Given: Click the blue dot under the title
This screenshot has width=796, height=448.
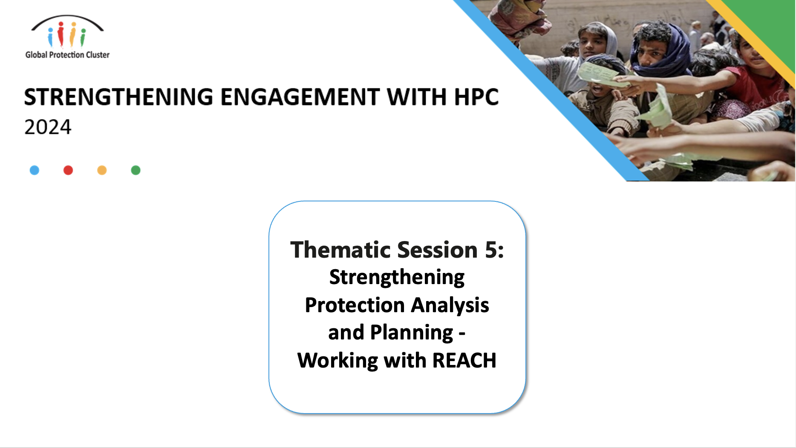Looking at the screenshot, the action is point(35,170).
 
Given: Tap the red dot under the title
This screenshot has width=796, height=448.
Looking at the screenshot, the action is point(68,170).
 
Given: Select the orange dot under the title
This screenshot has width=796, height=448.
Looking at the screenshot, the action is point(102,170).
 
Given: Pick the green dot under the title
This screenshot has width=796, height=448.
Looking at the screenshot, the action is point(136,170).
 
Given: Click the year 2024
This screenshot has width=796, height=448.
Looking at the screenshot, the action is point(48,127).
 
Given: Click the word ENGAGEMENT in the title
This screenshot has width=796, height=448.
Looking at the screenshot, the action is point(300,97).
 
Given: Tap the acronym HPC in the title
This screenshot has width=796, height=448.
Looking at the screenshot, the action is point(476,97).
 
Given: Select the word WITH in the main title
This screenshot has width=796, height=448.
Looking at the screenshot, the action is point(417,97).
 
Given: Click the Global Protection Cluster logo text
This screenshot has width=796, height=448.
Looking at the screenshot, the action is point(67,55).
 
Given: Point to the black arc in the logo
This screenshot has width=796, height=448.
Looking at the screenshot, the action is point(67,20).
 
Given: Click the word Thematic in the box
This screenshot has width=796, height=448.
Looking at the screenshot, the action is point(341,250).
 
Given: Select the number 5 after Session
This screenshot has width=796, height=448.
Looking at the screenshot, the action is point(491,250).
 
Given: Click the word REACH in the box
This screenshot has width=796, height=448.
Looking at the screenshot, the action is point(464,361).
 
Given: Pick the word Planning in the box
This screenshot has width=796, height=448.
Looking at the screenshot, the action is point(412,333).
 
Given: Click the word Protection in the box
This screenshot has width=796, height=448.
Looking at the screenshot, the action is point(355,305).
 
